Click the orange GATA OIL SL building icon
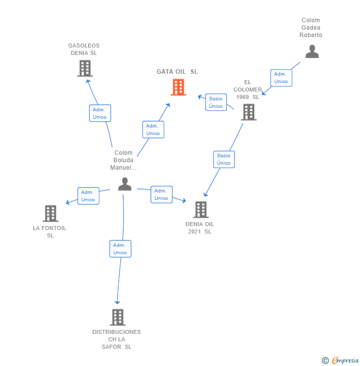coord(179,87)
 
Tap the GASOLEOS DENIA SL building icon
coord(85,68)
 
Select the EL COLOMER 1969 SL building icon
coord(248,112)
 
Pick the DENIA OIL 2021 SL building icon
coord(201,210)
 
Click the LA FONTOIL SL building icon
coord(50,214)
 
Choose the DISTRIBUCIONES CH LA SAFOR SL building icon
coord(117,317)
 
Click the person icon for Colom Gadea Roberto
coord(312,51)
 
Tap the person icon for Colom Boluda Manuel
coord(125,184)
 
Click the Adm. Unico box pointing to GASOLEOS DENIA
coord(100,113)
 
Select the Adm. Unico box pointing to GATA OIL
coord(153,130)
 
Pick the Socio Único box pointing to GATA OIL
coord(216,102)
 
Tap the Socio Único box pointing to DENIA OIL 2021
coord(224,159)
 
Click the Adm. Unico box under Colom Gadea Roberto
coord(281,78)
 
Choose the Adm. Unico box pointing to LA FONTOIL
coord(88,196)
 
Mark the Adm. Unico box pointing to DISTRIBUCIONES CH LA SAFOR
coord(120,249)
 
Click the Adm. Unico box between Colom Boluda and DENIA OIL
coord(161,194)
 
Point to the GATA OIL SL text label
coord(177,72)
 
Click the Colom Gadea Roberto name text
coord(311,28)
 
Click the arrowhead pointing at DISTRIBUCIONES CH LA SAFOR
coord(117,302)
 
